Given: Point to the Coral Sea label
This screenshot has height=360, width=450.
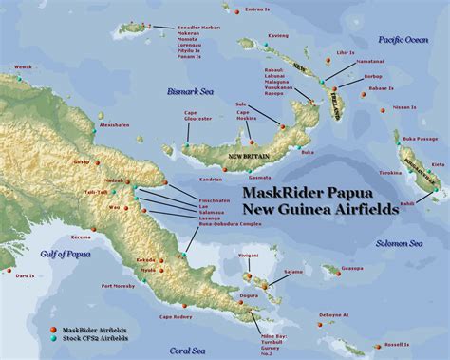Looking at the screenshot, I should pyautogui.click(x=195, y=350).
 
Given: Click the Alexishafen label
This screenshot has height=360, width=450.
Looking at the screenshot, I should pyautogui.click(x=113, y=124).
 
